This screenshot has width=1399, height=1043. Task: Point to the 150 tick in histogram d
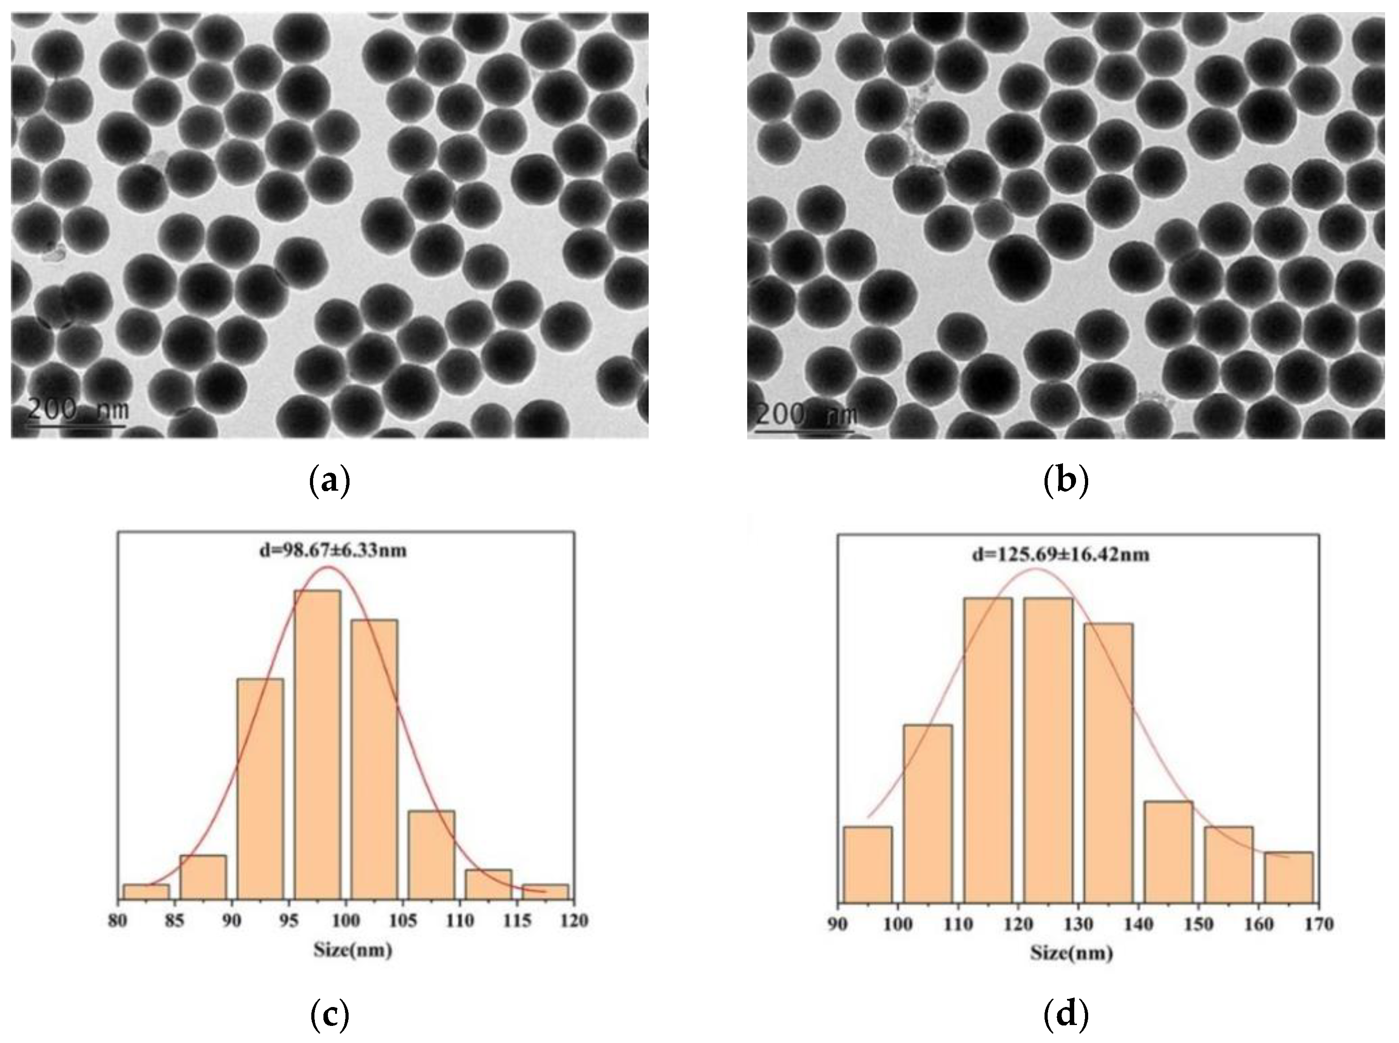point(1198,924)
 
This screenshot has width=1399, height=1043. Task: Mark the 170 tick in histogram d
point(1319,924)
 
